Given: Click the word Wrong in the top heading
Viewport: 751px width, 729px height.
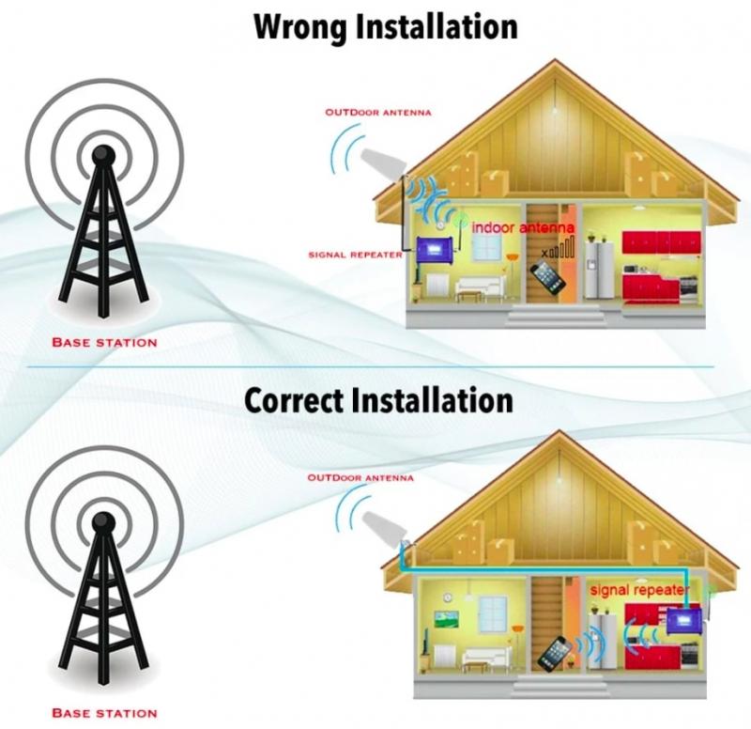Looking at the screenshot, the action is pos(300,28).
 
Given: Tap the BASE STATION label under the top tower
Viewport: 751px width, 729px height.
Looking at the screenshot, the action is pos(104,343).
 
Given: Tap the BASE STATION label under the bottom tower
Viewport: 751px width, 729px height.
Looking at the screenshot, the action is pos(104,713).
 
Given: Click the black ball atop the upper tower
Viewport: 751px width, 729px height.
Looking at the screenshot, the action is pos(103,155).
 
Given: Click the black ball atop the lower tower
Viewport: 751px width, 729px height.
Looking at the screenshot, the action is pos(103,522).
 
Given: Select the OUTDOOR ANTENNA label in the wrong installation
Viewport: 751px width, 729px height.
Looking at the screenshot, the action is pos(378,113).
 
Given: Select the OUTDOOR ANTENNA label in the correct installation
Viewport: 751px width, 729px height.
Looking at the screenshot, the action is pos(360,478).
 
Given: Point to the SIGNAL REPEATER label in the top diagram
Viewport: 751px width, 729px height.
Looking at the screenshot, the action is pos(356,255).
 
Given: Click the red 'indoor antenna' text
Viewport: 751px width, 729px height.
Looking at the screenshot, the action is pos(523,227).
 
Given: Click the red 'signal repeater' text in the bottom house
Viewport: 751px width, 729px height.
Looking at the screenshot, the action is pos(640,590).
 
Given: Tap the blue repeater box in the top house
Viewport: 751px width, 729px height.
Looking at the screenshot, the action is pos(436,251).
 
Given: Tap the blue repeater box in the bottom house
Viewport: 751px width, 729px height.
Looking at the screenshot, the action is pos(684,620).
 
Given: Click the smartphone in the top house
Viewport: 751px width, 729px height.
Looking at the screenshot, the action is pos(548,277).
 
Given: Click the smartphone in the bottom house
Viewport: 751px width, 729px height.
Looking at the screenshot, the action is pos(555,653).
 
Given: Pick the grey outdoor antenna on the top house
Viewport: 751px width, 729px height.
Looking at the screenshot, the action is pos(382,163).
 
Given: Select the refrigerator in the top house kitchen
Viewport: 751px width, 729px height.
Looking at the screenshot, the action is pos(598,271).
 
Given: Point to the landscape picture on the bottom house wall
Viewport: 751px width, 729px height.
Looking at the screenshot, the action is pos(447,619).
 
